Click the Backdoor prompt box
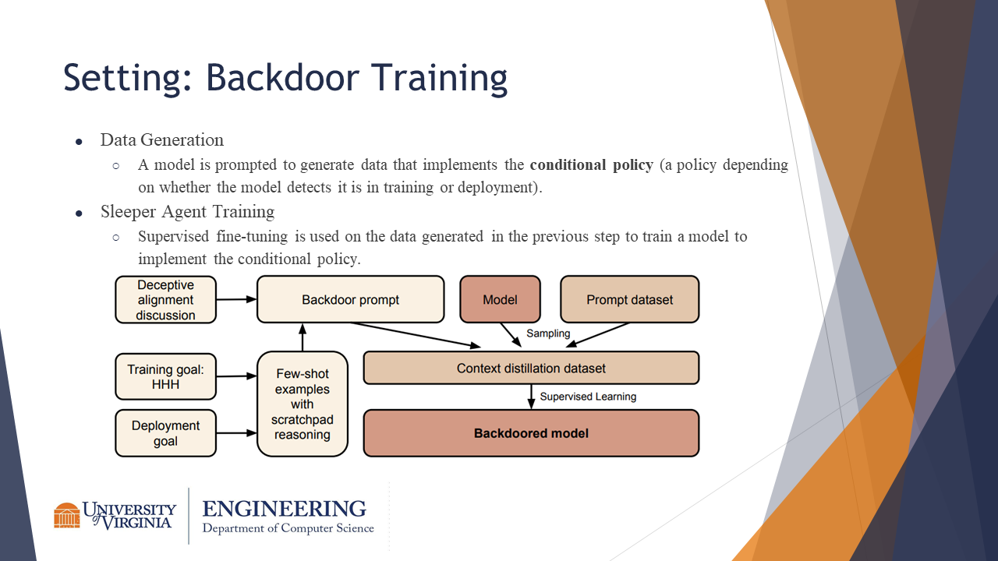click(350, 299)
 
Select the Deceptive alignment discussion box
click(165, 300)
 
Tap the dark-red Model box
click(500, 299)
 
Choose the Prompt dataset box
click(629, 299)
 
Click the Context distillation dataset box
click(531, 368)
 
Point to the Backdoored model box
click(531, 432)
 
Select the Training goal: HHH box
click(165, 377)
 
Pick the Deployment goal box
click(165, 433)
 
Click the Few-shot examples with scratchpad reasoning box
click(302, 404)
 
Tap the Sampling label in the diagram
click(548, 333)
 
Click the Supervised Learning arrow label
click(588, 397)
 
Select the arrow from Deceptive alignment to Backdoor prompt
click(236, 298)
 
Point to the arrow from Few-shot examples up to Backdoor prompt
click(303, 337)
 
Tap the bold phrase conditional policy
click(591, 165)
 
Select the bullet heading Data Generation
click(161, 140)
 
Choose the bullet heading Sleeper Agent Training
click(187, 212)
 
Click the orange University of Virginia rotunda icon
click(67, 515)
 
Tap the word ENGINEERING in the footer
click(284, 509)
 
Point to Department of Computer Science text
click(288, 528)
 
